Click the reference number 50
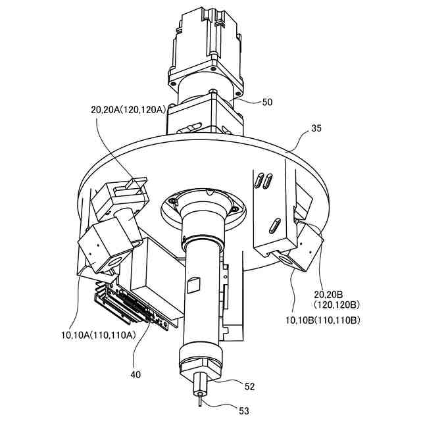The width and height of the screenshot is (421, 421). [x=267, y=102]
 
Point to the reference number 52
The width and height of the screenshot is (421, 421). [x=249, y=386]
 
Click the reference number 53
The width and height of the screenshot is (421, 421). [x=244, y=411]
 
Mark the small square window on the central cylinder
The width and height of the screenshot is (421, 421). [x=193, y=285]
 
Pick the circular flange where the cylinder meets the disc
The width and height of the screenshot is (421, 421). [x=204, y=205]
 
